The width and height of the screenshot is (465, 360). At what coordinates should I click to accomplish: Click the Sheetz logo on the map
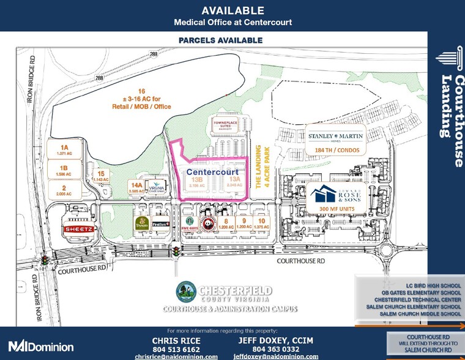78,228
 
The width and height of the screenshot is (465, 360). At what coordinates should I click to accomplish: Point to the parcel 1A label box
64,148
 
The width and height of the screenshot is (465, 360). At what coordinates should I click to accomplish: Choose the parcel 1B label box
64,168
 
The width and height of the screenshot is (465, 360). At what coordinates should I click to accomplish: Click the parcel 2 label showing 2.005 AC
64,190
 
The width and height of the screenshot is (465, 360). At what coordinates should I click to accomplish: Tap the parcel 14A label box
136,187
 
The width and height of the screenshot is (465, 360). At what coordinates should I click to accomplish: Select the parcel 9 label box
244,224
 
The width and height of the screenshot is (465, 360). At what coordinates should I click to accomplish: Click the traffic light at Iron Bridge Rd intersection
45,261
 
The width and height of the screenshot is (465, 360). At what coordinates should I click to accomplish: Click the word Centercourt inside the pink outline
212,173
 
